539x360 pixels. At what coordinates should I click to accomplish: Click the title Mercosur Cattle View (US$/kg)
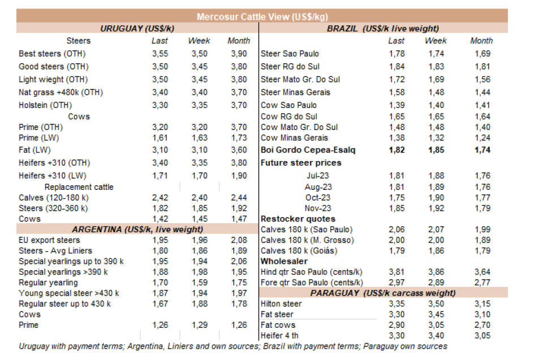[262, 17]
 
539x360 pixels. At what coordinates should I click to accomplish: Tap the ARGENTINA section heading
[137, 229]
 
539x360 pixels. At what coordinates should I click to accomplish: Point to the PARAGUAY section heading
[383, 293]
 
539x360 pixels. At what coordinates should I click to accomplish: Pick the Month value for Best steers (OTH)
[238, 54]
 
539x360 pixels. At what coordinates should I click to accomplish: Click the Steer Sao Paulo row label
[290, 54]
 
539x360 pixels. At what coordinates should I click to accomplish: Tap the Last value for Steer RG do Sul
[396, 67]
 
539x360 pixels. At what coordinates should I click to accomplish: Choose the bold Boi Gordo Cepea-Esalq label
[308, 150]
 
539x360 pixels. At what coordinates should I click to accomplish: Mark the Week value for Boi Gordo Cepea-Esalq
[435, 150]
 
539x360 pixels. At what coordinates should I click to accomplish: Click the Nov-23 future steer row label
[317, 208]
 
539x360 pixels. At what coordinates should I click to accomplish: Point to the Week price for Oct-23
[435, 197]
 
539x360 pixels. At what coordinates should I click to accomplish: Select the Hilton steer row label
[281, 304]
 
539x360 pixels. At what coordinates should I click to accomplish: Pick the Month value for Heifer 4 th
[482, 336]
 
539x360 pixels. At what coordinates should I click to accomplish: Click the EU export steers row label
[49, 240]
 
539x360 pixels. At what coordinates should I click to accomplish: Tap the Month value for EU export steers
[238, 240]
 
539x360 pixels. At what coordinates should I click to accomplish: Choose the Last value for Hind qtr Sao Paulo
[396, 272]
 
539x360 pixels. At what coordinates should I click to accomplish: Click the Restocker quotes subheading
[298, 219]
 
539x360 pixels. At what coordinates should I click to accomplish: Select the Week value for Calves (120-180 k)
[199, 198]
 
